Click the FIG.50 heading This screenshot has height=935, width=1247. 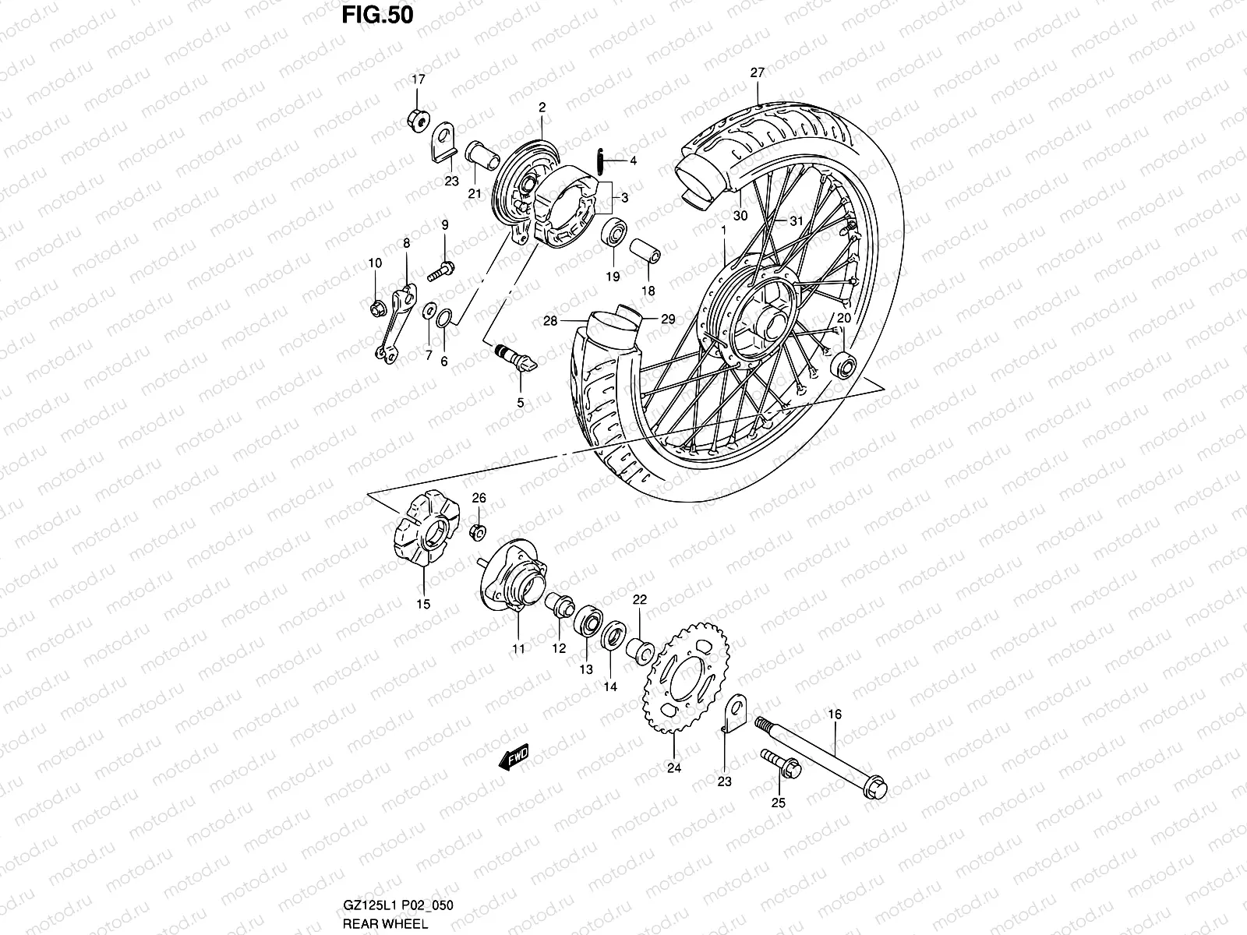pyautogui.click(x=376, y=15)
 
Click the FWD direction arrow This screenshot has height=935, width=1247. pyautogui.click(x=515, y=757)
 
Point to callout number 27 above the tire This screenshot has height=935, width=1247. pyautogui.click(x=758, y=72)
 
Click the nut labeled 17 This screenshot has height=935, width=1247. pyautogui.click(x=417, y=119)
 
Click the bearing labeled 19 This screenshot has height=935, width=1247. pyautogui.click(x=613, y=232)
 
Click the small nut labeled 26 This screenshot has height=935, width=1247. pyautogui.click(x=479, y=532)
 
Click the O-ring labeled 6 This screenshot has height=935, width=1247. pyautogui.click(x=444, y=318)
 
